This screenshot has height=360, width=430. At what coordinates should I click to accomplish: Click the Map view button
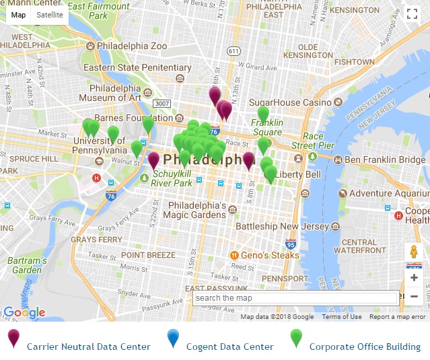(x=19, y=14)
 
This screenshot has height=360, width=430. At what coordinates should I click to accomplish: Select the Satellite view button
(x=50, y=14)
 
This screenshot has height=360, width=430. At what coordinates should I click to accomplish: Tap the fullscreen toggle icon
(x=412, y=14)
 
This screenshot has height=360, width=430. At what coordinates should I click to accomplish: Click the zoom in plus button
(x=414, y=277)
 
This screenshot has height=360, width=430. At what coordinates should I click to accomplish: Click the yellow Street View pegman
(x=414, y=253)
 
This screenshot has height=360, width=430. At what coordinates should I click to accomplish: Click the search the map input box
(x=295, y=298)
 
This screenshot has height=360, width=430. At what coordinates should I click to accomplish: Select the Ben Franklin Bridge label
(x=384, y=160)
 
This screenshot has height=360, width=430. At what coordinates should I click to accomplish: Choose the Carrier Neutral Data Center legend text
(x=88, y=347)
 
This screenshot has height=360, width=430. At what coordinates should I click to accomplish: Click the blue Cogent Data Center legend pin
(x=174, y=338)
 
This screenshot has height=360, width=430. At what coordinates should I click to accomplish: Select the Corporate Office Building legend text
(x=365, y=347)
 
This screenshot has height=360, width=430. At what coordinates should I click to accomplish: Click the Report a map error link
(x=397, y=317)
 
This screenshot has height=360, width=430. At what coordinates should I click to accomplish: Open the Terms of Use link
(x=341, y=317)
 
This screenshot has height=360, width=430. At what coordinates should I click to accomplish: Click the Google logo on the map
(x=25, y=312)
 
